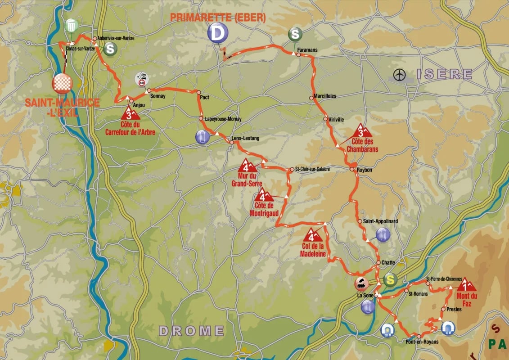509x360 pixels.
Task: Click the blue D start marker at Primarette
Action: (218, 33)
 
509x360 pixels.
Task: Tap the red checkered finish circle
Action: (63, 83)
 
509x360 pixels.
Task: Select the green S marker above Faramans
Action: (295, 34)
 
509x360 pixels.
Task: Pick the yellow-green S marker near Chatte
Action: (391, 280)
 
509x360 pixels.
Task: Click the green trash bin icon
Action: (71, 26)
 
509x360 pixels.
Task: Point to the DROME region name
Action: (191, 331)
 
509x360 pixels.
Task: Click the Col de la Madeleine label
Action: (312, 250)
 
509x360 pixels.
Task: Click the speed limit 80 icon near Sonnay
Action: (142, 80)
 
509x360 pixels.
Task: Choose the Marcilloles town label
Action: (325, 96)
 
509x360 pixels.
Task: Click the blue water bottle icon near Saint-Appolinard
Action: (383, 234)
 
